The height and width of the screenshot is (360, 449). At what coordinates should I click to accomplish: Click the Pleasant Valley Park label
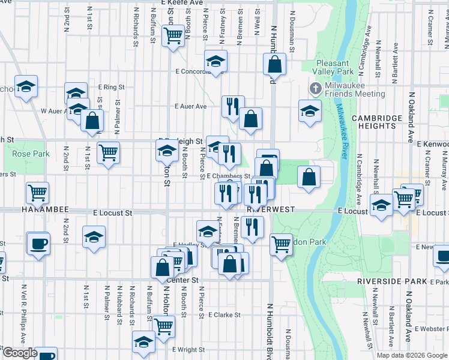pos(333,67)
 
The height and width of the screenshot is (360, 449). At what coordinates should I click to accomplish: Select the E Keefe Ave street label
pos(182,3)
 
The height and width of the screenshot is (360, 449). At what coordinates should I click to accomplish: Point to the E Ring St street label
pos(111,86)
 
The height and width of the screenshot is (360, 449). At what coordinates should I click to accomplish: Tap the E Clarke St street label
pos(224,314)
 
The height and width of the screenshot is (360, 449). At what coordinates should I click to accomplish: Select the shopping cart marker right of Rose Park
pos(108,151)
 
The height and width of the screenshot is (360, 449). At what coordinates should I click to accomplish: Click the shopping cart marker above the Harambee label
pos(37,192)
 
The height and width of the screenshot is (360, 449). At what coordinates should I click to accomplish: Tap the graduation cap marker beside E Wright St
pos(143,341)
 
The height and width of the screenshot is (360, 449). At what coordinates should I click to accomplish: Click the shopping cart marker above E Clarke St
pos(164,326)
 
